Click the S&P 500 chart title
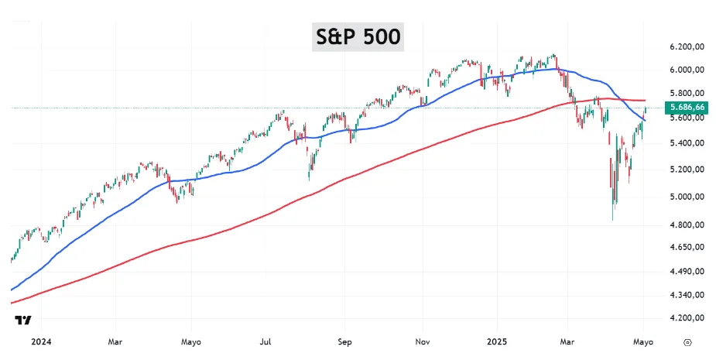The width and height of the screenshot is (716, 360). (x=358, y=36)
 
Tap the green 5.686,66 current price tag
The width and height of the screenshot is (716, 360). (x=687, y=108)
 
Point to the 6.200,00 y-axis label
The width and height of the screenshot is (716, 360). (x=687, y=46)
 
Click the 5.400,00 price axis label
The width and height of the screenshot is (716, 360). (x=687, y=143)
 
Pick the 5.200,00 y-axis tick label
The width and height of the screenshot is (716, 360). (x=687, y=170)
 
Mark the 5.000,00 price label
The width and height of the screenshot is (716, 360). (x=687, y=197)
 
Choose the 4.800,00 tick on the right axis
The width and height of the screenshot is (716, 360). (x=687, y=225)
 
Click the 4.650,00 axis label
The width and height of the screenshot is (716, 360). (x=687, y=247)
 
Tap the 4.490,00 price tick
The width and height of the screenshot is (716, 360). (x=687, y=272)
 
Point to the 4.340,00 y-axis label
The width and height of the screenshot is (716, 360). (x=687, y=295)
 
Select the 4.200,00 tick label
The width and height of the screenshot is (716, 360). (x=687, y=318)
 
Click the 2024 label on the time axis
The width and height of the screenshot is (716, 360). (x=41, y=341)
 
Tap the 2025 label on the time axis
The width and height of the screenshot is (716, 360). (x=496, y=341)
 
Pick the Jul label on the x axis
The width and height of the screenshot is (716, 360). (x=266, y=341)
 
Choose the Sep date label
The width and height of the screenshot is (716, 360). (x=344, y=341)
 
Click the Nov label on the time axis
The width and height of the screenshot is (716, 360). (x=423, y=341)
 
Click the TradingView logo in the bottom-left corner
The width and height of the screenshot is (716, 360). (x=22, y=320)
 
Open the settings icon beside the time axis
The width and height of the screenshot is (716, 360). (x=688, y=342)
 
